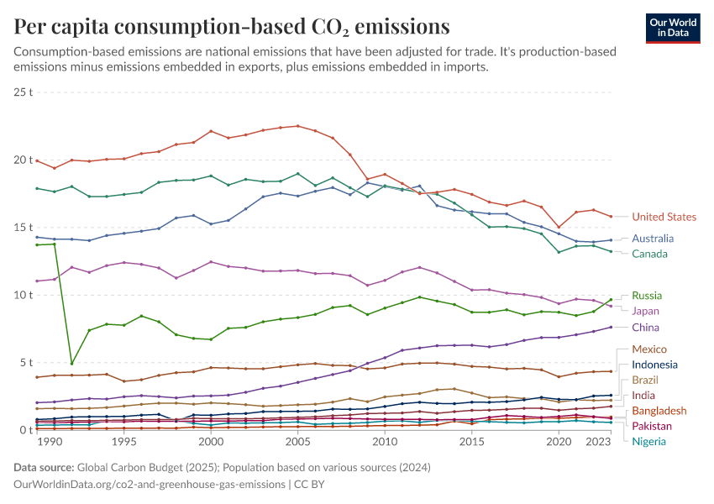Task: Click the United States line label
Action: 664,217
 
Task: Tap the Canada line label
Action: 650,254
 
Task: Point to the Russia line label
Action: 647,296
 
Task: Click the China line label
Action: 645,328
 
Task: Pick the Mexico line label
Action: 649,349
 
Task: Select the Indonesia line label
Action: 655,365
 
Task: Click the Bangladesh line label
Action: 659,411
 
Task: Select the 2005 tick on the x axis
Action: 297,441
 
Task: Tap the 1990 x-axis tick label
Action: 50,441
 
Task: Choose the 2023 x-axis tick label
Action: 598,441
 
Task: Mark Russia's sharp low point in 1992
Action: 72,364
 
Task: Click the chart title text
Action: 231,27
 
